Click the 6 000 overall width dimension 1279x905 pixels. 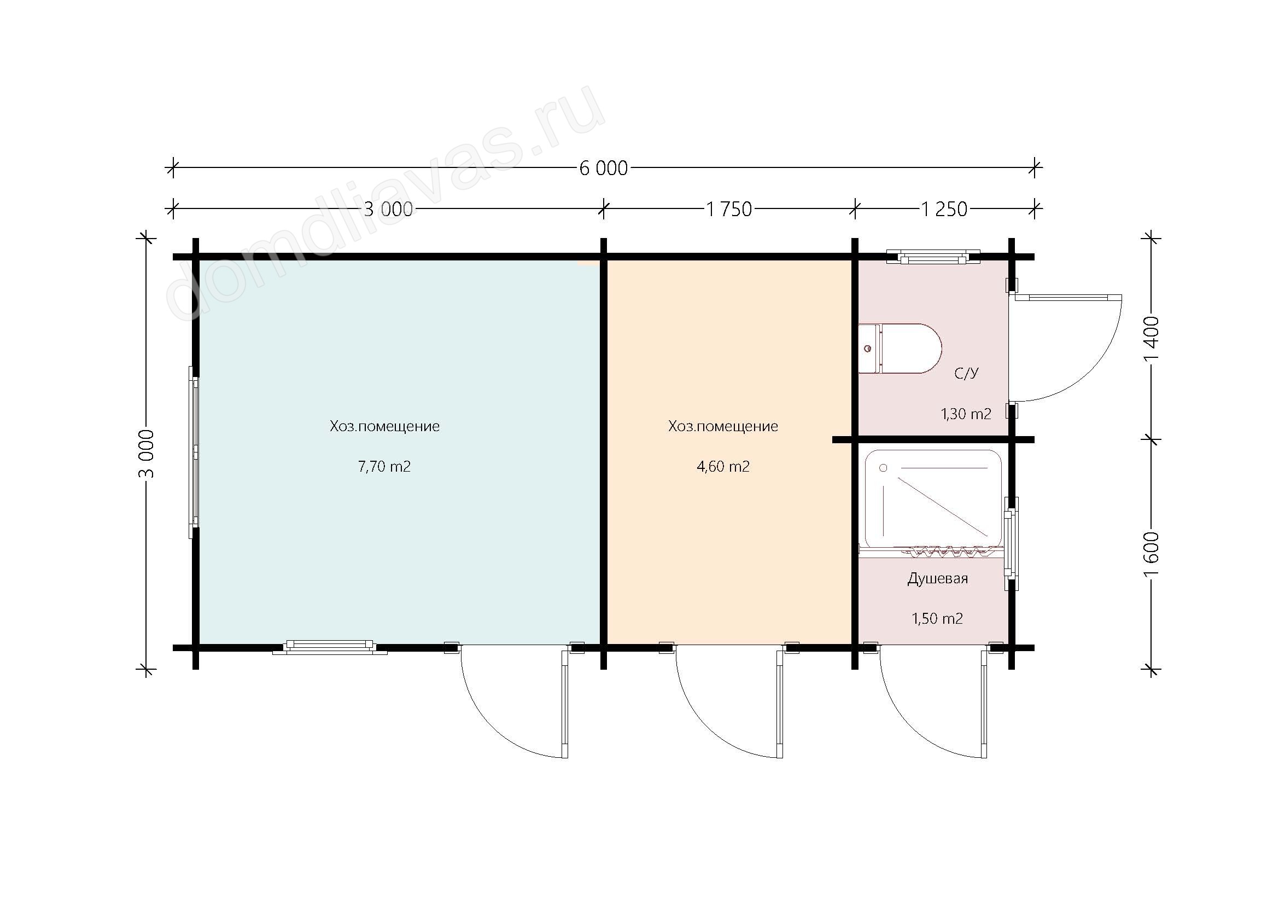click(603, 168)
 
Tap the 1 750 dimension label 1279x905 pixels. click(729, 209)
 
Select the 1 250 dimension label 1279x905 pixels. click(944, 209)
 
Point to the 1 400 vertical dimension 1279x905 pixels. click(1151, 339)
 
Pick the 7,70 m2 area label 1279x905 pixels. click(384, 466)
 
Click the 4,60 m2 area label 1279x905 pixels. click(723, 466)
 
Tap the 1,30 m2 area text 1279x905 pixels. click(966, 414)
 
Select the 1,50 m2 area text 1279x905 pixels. click(937, 619)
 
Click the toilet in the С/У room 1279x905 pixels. click(900, 349)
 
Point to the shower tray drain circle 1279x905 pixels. click(883, 468)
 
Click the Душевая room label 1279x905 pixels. click(938, 579)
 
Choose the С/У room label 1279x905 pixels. click(966, 373)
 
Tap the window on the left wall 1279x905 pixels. click(193, 452)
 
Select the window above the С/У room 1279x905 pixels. click(933, 256)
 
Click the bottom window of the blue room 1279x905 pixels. click(330, 647)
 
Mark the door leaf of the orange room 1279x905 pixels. click(780, 705)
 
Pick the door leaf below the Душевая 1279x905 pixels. click(984, 705)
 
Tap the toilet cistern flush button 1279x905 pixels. click(867, 349)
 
